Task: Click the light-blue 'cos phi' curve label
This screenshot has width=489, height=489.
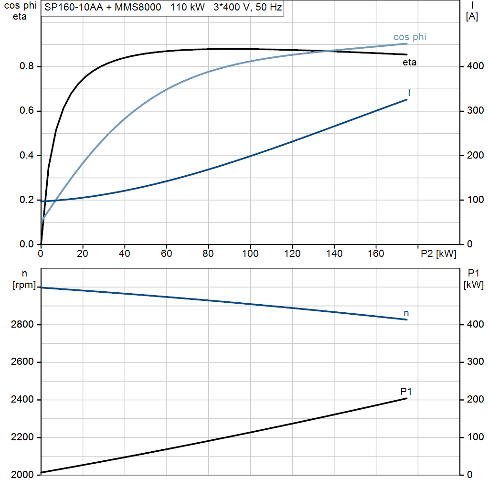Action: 409,37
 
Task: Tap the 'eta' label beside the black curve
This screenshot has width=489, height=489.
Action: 409,63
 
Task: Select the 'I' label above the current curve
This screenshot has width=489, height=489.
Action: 409,92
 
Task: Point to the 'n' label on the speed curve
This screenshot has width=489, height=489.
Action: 406,313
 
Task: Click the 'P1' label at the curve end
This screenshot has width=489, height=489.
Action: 406,391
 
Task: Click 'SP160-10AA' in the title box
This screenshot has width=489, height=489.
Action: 74,7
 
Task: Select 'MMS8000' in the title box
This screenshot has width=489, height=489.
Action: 138,7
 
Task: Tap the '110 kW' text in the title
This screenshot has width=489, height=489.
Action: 187,7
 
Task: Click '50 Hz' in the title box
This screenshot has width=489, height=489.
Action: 268,7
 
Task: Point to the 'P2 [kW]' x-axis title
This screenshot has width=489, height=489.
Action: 438,254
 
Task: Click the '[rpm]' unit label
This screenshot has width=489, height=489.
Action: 24,285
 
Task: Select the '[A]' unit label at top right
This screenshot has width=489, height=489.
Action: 471,17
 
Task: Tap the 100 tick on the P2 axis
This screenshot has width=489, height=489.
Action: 250,254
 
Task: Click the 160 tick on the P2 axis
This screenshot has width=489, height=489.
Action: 376,254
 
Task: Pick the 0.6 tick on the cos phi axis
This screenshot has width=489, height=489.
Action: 27,111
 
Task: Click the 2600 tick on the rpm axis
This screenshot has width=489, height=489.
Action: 22,362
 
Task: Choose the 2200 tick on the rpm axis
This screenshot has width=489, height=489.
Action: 22,437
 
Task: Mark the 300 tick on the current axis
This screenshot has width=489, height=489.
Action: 475,111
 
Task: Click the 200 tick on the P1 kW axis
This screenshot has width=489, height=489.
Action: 475,400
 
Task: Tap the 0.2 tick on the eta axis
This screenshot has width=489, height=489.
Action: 27,200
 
